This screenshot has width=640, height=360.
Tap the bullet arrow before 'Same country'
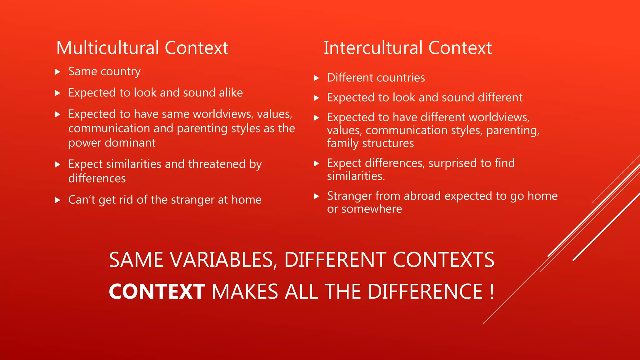[57, 72]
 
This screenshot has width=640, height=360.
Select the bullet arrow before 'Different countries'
[316, 78]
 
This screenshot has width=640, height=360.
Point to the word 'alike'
[231, 93]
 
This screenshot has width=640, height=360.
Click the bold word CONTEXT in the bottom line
[157, 292]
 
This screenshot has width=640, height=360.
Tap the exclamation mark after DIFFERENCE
[492, 292]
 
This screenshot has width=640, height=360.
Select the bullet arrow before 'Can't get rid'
[57, 200]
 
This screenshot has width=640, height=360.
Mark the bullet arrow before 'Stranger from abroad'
[316, 196]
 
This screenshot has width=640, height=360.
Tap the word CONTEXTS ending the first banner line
[443, 260]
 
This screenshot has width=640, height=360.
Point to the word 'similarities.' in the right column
[356, 176]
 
